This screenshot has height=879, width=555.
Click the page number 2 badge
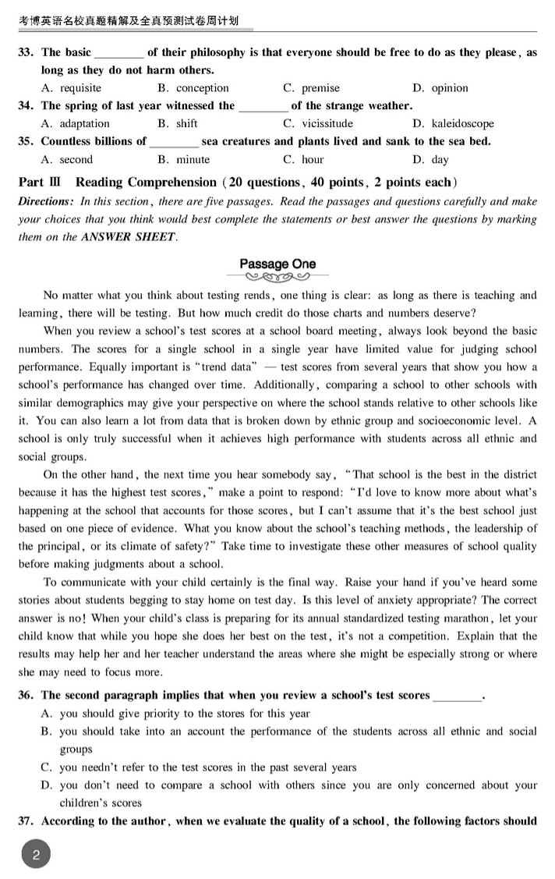click(36, 856)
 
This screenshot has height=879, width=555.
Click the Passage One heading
click(277, 264)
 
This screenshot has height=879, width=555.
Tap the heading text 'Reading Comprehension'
click(146, 183)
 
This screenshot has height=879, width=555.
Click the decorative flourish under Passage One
click(277, 277)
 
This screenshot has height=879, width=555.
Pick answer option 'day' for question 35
click(440, 159)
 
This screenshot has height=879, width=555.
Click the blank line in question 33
click(118, 53)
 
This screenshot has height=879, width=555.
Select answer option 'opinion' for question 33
click(450, 88)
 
